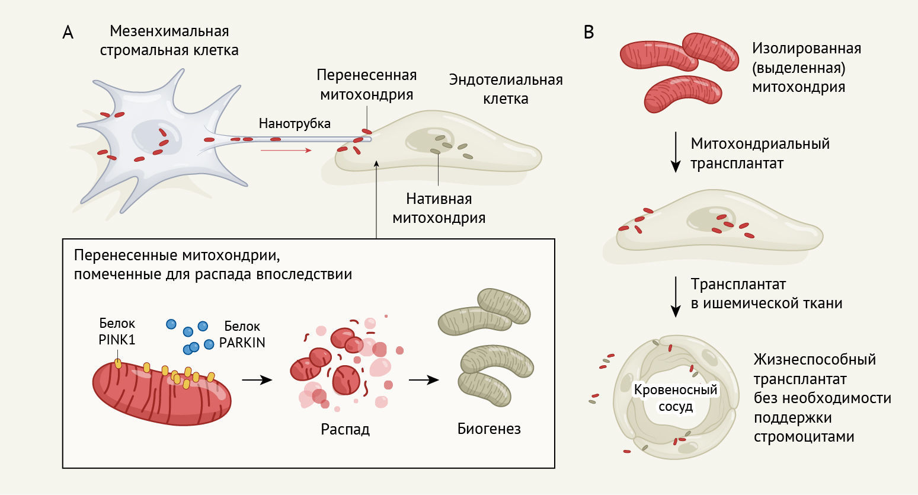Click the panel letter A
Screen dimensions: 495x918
[x=68, y=33]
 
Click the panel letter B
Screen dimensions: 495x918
[x=588, y=32]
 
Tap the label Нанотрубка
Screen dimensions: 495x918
[x=295, y=124]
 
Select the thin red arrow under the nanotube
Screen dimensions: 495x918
[x=286, y=151]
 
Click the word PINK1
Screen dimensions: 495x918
[x=117, y=341]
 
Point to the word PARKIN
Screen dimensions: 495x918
[x=242, y=343]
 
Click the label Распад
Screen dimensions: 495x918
[x=345, y=429]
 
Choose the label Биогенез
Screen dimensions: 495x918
[x=489, y=429]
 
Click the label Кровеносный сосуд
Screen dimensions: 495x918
[x=676, y=398]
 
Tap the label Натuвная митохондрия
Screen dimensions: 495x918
[x=439, y=208]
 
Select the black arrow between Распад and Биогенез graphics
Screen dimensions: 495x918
[x=424, y=380]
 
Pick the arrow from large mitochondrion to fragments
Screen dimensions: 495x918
[x=257, y=380]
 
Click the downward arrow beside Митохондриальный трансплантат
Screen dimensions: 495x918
[x=676, y=152]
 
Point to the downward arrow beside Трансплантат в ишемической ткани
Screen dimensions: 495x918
[x=676, y=296]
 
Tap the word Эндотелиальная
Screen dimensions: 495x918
[x=506, y=80]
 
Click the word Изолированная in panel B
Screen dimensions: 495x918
[x=807, y=49]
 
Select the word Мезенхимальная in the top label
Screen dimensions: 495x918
[x=169, y=31]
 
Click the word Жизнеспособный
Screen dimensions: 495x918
[x=815, y=360]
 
